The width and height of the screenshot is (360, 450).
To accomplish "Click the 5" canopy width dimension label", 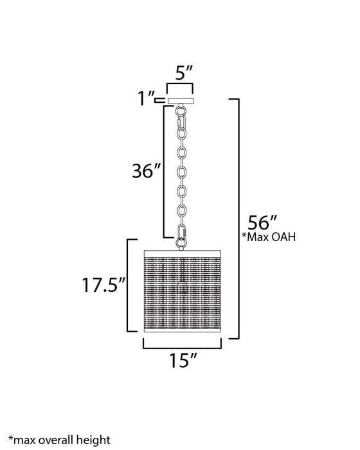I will pos(179,73).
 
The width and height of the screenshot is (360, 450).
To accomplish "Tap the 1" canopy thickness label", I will pos(146,99).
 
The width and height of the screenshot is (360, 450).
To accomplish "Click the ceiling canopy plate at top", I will pos(180,100).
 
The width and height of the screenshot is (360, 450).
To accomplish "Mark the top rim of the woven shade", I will pos(180,249).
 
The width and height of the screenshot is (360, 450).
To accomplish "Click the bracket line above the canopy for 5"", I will pos(180,85).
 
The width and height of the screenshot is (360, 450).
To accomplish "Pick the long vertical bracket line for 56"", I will pos(239,219).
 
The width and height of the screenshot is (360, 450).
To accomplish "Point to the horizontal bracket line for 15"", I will pos(180,348).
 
